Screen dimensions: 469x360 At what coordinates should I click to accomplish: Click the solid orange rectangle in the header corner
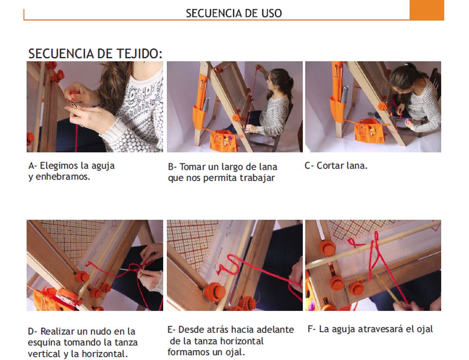426,10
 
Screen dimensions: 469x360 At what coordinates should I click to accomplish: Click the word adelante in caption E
275,330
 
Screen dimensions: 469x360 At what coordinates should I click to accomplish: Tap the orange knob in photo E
215,291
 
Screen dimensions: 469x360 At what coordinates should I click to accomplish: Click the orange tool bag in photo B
224,140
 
